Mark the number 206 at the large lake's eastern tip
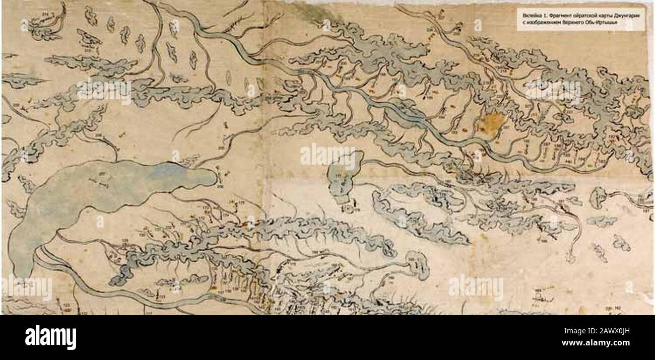tap(220, 186)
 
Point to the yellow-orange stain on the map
tap(493, 121)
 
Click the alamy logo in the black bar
tap(50, 337)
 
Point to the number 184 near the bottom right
tap(538, 290)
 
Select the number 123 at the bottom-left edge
tap(66, 305)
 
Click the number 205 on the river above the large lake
tap(221, 148)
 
